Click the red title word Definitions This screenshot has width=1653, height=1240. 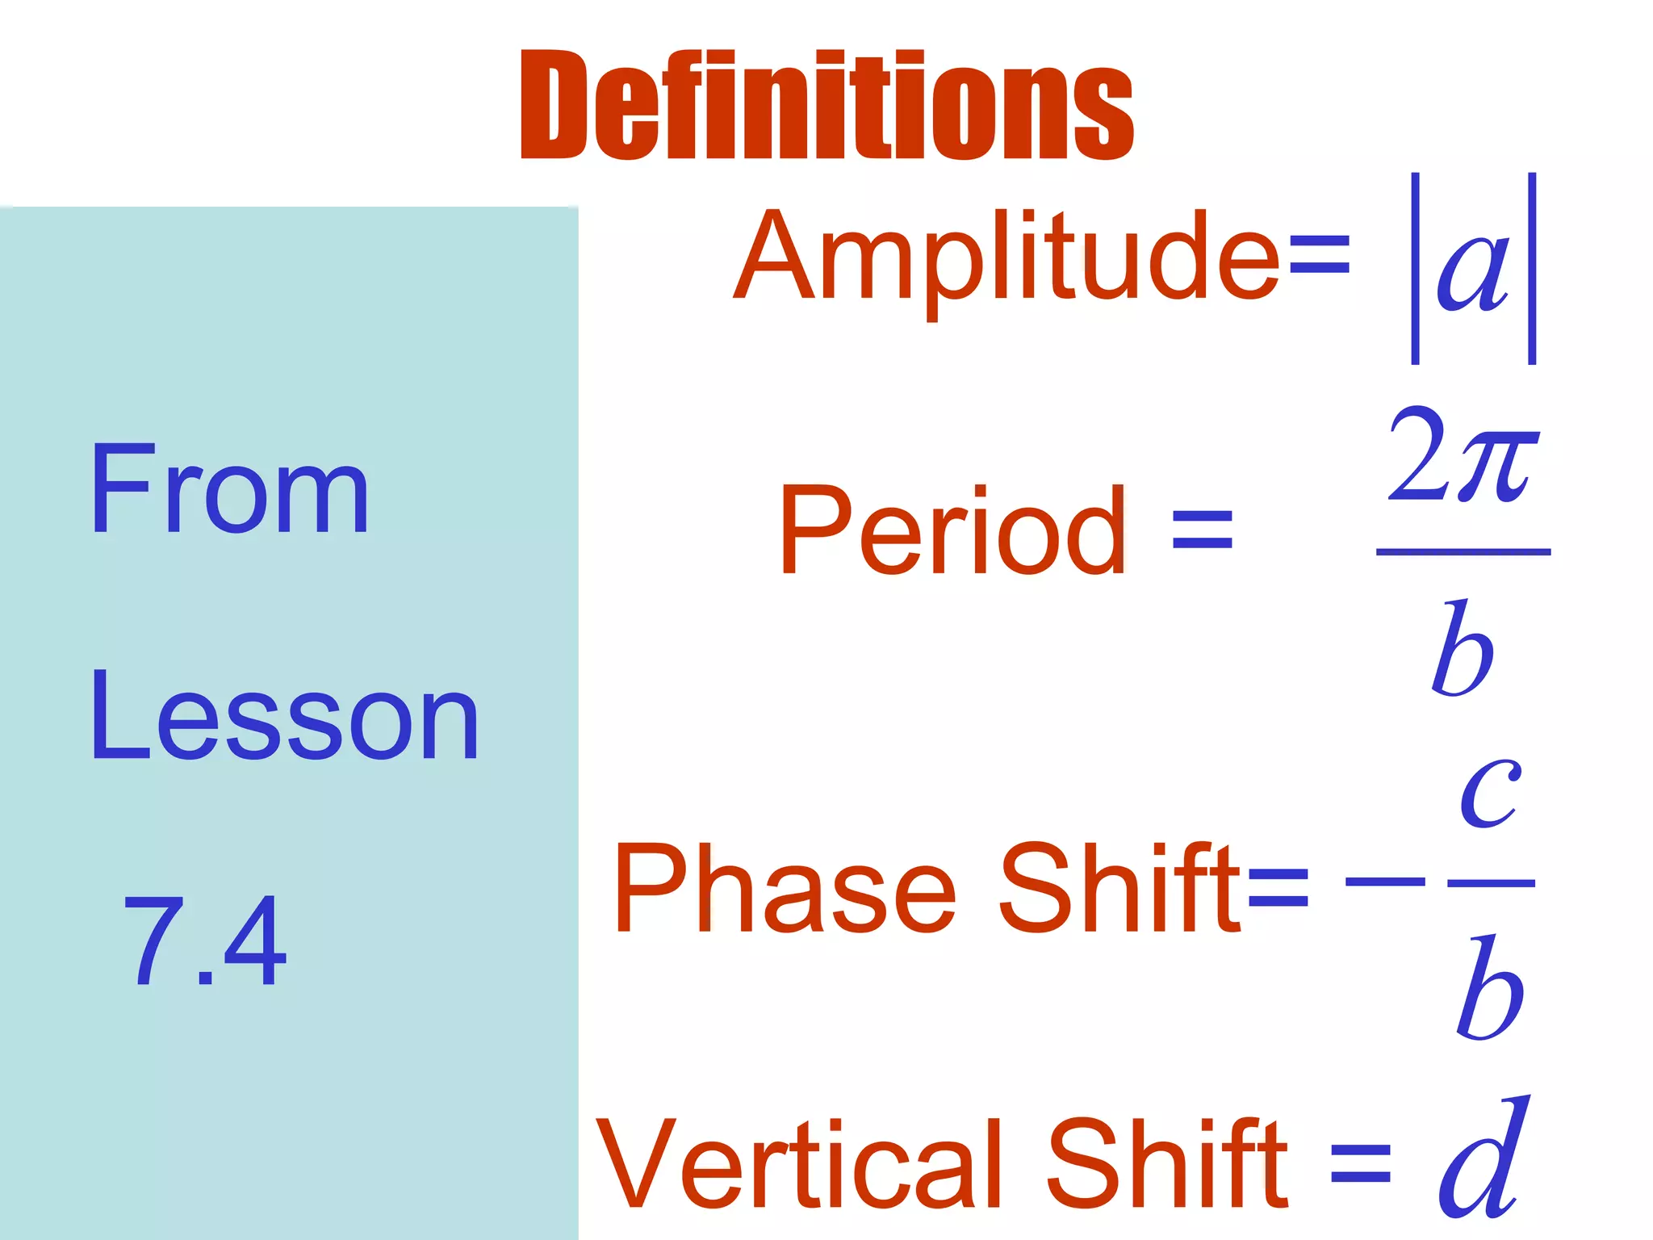coord(826,105)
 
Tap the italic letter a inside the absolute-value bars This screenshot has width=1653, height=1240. coord(1472,270)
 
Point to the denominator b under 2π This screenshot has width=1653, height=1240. coord(1462,649)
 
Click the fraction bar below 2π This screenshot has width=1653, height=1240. coord(1463,552)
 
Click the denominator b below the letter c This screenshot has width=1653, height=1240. coord(1489,988)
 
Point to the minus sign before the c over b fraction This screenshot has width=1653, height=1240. coord(1385,882)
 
